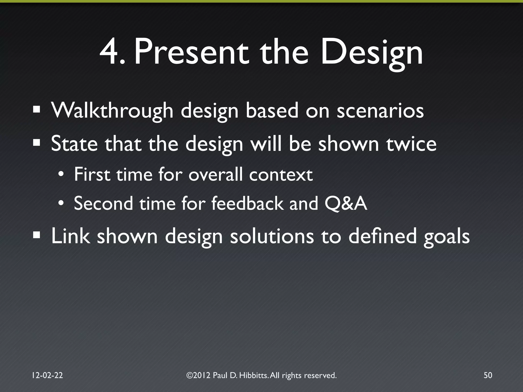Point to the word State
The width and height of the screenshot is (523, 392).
click(x=74, y=144)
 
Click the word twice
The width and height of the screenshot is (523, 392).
click(x=411, y=144)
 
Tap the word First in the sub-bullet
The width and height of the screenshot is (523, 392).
click(x=92, y=174)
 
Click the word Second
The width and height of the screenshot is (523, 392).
click(x=103, y=204)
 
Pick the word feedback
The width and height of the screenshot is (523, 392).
click(x=247, y=204)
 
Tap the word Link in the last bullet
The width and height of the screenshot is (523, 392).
click(x=70, y=236)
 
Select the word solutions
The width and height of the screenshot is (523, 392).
click(x=272, y=236)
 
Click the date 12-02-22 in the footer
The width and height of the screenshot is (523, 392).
click(x=47, y=375)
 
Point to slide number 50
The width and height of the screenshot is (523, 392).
click(x=488, y=375)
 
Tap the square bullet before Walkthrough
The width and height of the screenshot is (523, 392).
click(x=37, y=110)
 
